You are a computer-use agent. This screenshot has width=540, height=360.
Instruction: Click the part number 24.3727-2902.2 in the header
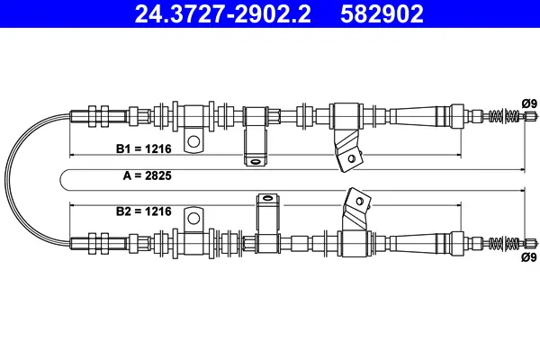point(223,13)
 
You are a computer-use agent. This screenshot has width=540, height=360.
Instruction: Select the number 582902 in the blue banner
point(382,13)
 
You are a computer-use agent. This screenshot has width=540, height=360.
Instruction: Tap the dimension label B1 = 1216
point(144,148)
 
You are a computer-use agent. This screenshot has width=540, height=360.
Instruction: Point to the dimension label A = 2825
point(147,175)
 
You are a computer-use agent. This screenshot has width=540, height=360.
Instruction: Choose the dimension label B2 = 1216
point(144,211)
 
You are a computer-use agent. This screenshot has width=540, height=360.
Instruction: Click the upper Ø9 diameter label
point(529,103)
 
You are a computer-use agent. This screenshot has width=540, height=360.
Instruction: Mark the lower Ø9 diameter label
point(529,257)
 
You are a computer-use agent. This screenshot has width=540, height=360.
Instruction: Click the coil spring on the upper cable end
point(504,115)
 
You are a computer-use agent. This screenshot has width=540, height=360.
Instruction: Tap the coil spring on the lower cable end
point(504,244)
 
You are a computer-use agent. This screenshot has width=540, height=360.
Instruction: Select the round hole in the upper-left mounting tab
point(193,141)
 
